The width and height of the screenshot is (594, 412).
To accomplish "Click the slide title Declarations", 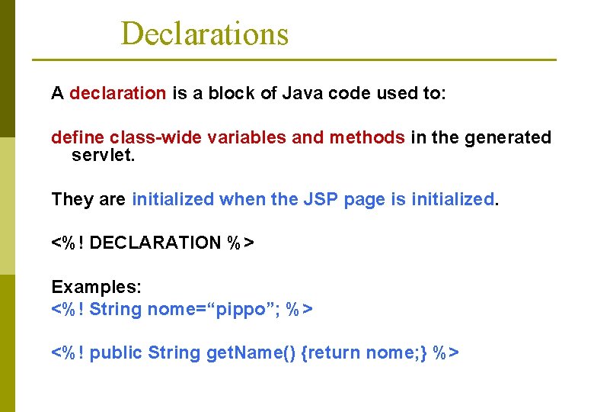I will (204, 34).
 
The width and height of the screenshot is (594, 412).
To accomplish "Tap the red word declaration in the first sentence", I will (117, 94).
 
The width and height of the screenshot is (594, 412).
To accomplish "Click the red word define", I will (78, 137).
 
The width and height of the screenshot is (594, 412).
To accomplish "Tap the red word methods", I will (366, 137).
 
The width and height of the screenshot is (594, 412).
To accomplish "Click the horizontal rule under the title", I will (294, 60).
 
